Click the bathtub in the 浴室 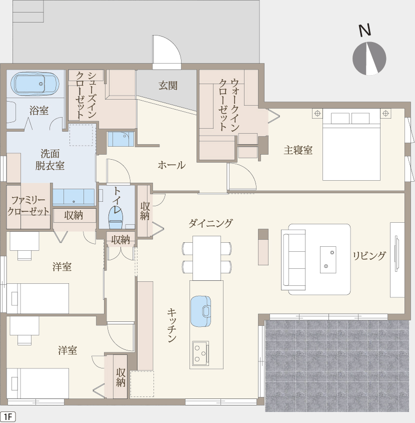coord(35,84)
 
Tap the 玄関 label coord(168,86)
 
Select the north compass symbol coord(369,58)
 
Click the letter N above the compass coord(365,30)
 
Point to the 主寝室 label coord(298,150)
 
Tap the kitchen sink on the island coord(201,311)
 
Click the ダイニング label coord(210,223)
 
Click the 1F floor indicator coord(8,417)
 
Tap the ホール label coord(171,165)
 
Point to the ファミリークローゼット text coord(28,206)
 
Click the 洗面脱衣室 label coord(50,159)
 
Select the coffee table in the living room coord(328,259)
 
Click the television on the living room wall coord(396,253)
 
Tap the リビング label coord(369,255)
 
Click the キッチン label coord(172,325)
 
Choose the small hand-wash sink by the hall coord(120,139)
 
